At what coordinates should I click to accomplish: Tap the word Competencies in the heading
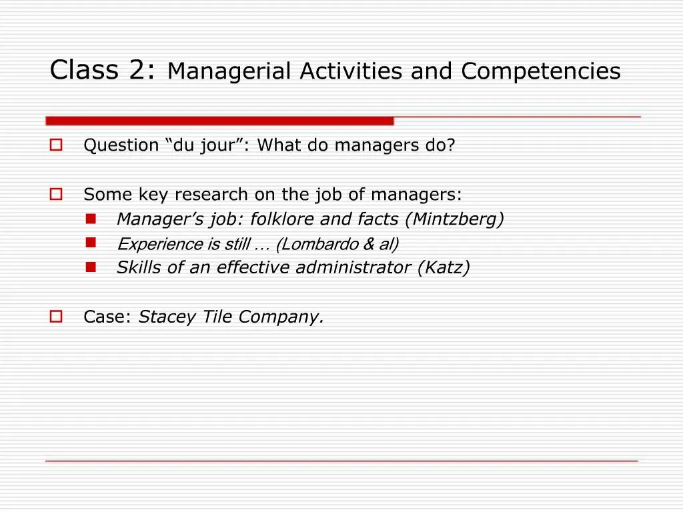(x=540, y=71)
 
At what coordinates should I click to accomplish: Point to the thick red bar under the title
(x=219, y=121)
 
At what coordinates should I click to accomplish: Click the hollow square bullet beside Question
(x=56, y=145)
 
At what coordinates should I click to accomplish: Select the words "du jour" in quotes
(x=206, y=145)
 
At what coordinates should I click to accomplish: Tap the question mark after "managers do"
(x=451, y=145)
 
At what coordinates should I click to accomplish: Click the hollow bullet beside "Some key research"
(x=56, y=194)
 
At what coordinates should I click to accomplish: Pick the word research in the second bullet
(x=211, y=195)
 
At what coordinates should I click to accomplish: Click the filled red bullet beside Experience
(x=91, y=242)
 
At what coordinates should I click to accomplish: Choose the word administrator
(x=354, y=268)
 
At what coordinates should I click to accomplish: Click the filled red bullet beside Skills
(x=91, y=267)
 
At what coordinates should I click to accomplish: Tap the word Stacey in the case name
(x=163, y=317)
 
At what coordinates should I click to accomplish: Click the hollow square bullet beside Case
(x=56, y=317)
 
